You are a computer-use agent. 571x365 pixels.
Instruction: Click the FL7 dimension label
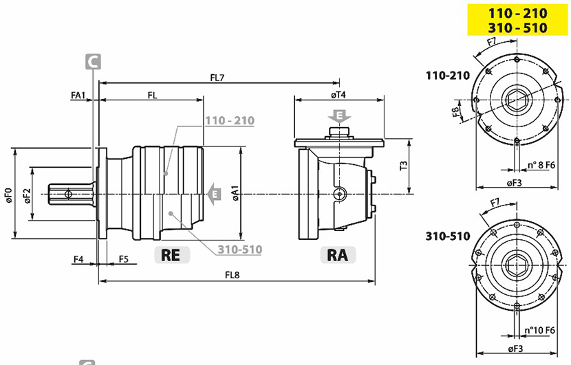(x=217, y=78)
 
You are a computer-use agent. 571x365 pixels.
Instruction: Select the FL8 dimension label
(x=232, y=275)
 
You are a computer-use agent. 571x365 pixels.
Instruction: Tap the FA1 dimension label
(x=78, y=96)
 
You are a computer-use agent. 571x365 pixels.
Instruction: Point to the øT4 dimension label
(x=338, y=95)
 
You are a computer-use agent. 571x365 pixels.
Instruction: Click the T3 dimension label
(x=404, y=166)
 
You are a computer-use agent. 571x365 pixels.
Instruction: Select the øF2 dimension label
(x=28, y=195)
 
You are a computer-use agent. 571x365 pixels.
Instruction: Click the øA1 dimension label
(x=235, y=193)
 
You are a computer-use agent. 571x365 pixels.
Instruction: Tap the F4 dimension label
(x=78, y=259)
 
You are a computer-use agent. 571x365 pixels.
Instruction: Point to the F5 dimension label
(x=124, y=259)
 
